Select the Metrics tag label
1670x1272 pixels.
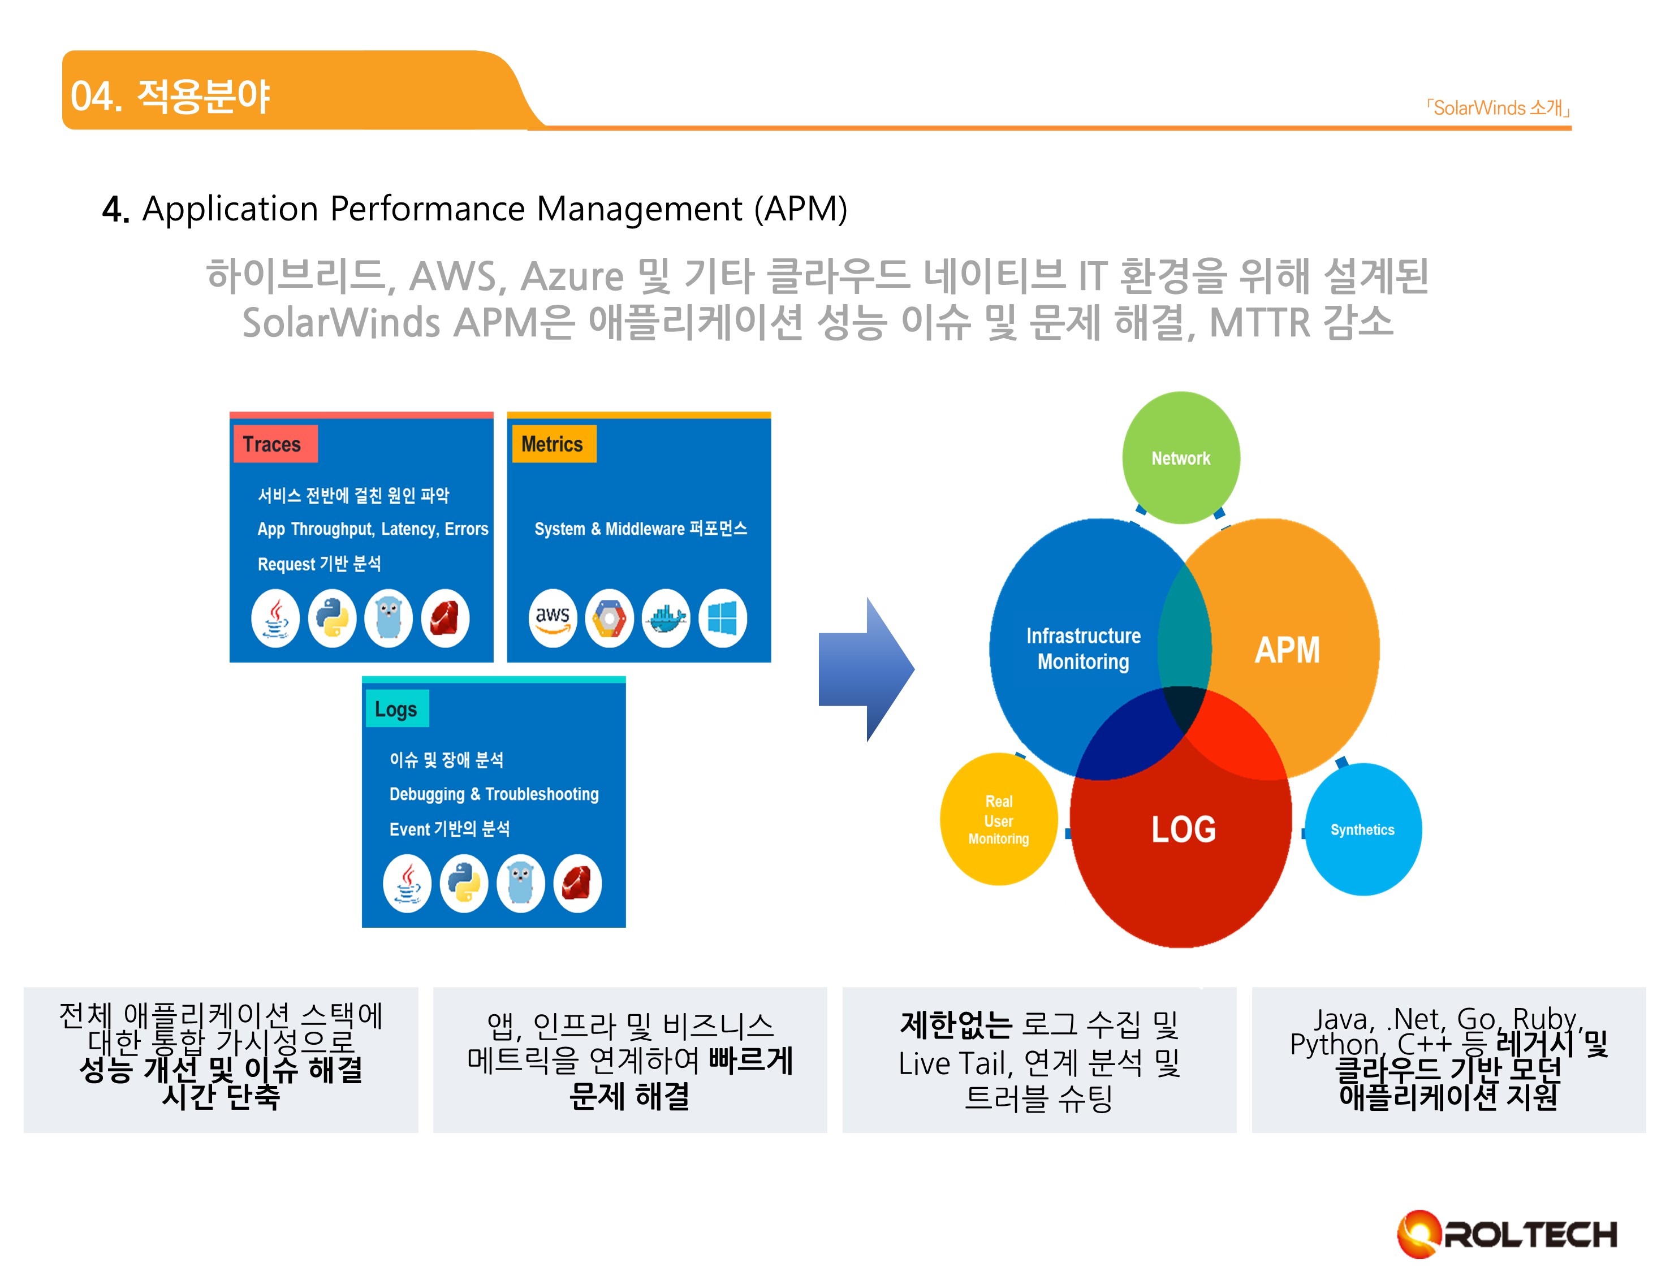(x=552, y=444)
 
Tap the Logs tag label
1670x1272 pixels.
(x=396, y=709)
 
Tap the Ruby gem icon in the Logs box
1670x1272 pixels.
(x=577, y=884)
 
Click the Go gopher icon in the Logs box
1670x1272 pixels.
(x=521, y=884)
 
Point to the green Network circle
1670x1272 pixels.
(x=1180, y=458)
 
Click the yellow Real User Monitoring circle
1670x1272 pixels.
(x=998, y=820)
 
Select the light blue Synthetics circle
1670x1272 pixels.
(x=1362, y=830)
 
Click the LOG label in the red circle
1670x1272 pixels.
(x=1183, y=830)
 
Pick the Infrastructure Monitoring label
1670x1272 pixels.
(x=1083, y=649)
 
